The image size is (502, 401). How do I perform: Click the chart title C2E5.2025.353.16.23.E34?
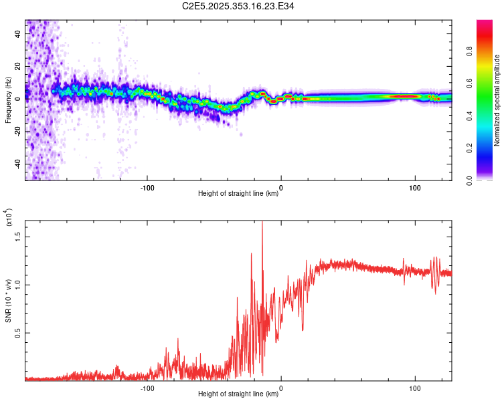pyautogui.click(x=238, y=6)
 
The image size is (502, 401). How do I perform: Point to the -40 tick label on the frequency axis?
pyautogui.click(x=17, y=164)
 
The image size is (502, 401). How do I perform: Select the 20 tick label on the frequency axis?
pyautogui.click(x=18, y=66)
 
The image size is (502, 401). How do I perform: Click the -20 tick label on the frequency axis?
pyautogui.click(x=17, y=131)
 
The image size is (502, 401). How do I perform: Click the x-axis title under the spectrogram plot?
pyautogui.click(x=238, y=193)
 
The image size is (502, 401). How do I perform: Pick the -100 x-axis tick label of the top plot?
pyautogui.click(x=147, y=186)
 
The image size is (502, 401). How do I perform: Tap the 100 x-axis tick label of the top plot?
pyautogui.click(x=415, y=186)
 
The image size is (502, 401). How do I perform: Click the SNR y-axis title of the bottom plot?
pyautogui.click(x=8, y=301)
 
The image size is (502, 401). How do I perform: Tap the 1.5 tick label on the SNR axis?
pyautogui.click(x=18, y=236)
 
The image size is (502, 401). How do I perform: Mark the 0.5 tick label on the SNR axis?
pyautogui.click(x=18, y=332)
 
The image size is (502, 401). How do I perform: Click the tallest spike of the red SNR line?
pyautogui.click(x=262, y=222)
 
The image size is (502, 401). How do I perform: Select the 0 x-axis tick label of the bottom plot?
pyautogui.click(x=281, y=387)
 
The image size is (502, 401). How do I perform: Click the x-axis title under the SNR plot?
pyautogui.click(x=238, y=394)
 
